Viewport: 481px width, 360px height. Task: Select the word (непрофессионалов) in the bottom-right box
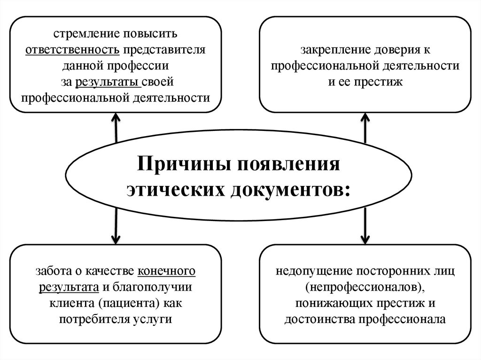[x=365, y=287]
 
